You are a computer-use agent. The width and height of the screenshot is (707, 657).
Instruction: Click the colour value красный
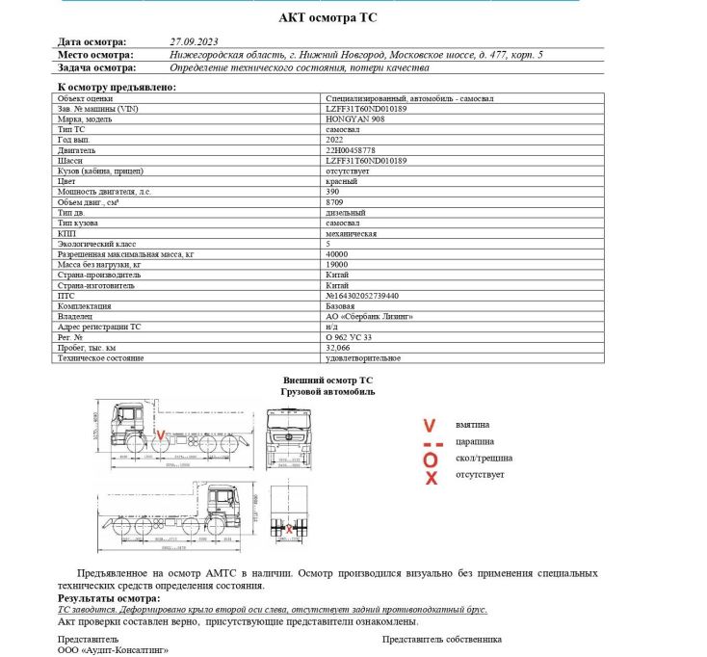click(342, 181)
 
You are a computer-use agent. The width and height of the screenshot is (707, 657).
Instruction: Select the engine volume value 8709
click(336, 202)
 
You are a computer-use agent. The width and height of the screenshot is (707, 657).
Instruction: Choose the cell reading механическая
click(351, 233)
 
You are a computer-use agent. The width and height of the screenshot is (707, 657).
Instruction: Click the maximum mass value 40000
click(338, 253)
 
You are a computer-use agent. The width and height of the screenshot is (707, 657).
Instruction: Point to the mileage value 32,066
click(339, 348)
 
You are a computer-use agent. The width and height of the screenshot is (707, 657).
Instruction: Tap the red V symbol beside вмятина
click(431, 425)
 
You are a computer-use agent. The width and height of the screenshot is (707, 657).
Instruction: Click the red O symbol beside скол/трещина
click(431, 460)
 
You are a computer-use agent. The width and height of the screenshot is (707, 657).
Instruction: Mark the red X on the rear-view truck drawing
click(288, 529)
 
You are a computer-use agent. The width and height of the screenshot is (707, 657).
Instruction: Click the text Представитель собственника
click(442, 639)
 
